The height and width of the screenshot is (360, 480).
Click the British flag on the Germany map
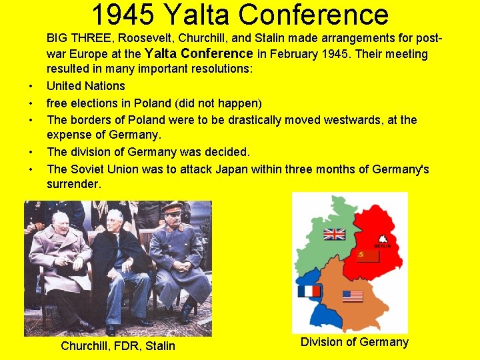click(x=334, y=234)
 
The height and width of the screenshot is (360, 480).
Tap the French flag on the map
click(x=309, y=291)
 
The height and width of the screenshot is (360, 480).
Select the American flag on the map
click(x=353, y=296)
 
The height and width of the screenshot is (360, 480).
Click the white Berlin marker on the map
click(x=383, y=239)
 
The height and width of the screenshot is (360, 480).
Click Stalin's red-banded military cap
click(x=172, y=207)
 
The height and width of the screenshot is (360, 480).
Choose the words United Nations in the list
click(x=85, y=86)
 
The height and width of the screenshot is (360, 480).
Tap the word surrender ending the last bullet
click(x=73, y=185)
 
